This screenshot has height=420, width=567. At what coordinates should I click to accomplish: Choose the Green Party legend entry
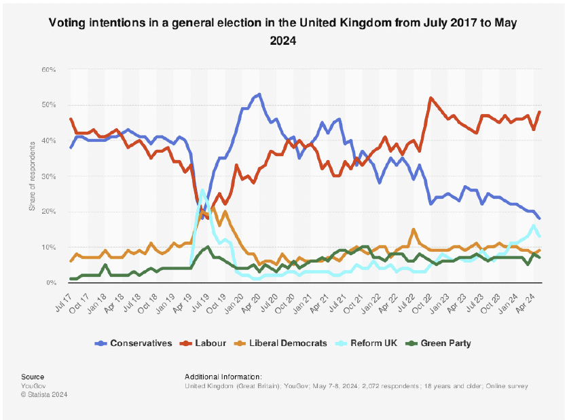(445, 343)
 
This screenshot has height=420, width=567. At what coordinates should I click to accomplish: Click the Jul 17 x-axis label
(65, 298)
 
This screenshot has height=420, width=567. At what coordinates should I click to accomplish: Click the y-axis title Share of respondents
(33, 176)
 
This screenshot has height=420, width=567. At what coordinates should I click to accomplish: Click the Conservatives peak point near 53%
(260, 94)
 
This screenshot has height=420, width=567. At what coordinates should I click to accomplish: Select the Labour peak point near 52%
(431, 98)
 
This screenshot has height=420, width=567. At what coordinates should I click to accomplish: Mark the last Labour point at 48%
(539, 112)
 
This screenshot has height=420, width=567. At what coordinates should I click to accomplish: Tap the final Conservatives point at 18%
(539, 218)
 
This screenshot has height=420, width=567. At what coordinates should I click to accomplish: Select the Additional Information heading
(223, 377)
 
